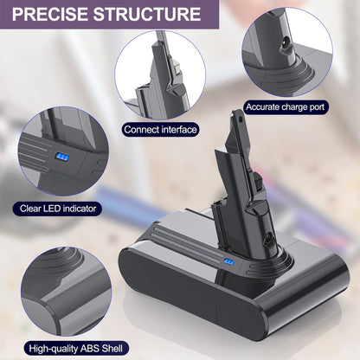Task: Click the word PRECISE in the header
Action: coord(50,14)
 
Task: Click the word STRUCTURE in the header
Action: coord(147,14)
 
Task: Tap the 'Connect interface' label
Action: coord(160,130)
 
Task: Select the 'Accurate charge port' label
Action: coord(285,107)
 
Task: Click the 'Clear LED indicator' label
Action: coord(58,209)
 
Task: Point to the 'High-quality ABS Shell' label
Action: coord(76,349)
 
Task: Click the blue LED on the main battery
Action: coord(228,262)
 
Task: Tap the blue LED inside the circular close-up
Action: coord(62,157)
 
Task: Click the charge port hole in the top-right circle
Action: coord(285,46)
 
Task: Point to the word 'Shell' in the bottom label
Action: coord(112,349)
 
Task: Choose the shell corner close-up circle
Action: coord(66,292)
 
